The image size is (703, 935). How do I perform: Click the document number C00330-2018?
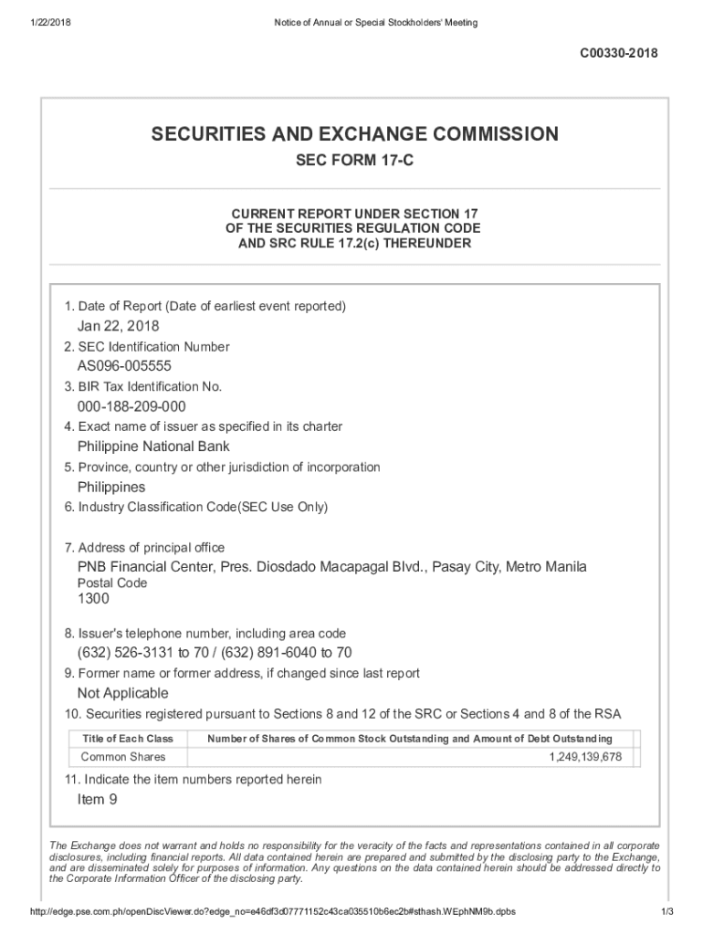618,54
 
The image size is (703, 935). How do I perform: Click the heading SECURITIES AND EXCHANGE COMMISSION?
354,135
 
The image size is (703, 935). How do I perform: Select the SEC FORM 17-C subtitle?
354,163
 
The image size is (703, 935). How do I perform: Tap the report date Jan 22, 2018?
118,326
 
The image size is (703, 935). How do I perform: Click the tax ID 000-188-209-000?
131,406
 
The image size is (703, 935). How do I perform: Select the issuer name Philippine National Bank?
153,446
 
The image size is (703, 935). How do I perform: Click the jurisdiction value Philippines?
111,487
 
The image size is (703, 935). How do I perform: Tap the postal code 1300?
93,599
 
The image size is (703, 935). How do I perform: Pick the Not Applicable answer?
123,693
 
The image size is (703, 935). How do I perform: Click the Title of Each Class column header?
127,739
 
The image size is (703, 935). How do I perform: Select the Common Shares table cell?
123,757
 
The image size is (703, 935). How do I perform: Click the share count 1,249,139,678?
585,757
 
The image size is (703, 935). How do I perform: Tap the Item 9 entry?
98,800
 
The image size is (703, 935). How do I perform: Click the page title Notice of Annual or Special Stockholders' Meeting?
375,22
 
